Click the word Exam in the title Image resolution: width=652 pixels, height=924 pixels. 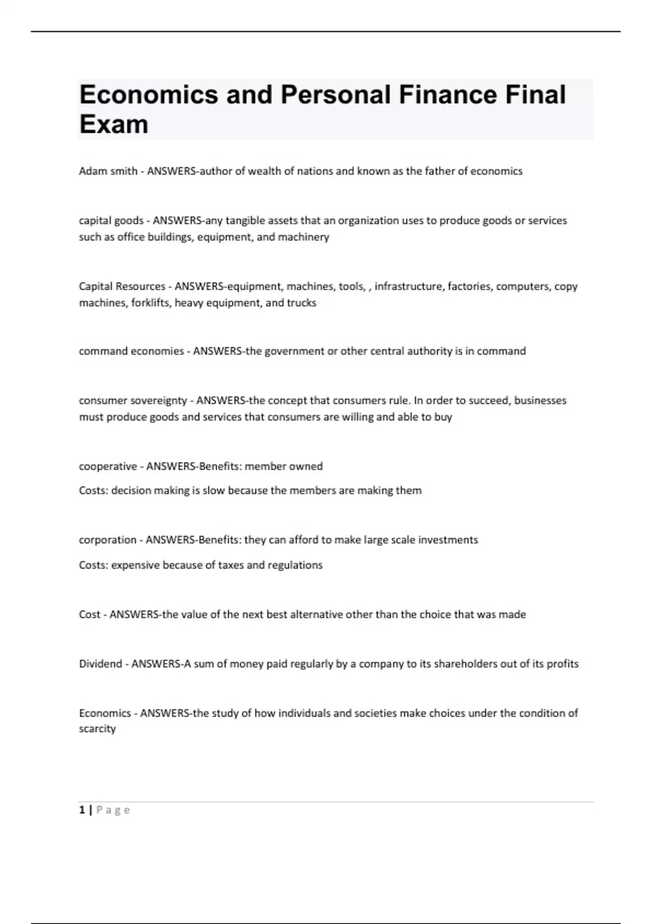pyautogui.click(x=114, y=124)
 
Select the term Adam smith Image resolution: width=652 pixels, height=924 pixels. pyautogui.click(x=108, y=171)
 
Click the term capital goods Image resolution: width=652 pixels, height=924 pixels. pyautogui.click(x=111, y=221)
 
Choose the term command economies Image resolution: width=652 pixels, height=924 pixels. pyautogui.click(x=131, y=351)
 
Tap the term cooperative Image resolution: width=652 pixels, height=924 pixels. pyautogui.click(x=108, y=466)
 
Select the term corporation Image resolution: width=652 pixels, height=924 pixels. pyautogui.click(x=108, y=540)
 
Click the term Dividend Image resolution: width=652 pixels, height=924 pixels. pyautogui.click(x=100, y=664)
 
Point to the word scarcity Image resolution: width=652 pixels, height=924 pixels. pyautogui.click(x=97, y=729)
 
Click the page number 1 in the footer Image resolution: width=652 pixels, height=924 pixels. pyautogui.click(x=82, y=810)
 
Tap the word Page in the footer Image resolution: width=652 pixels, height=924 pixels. pyautogui.click(x=113, y=810)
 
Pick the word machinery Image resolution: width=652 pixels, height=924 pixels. pyautogui.click(x=303, y=237)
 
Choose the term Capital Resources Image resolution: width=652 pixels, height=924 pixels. pyautogui.click(x=122, y=286)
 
